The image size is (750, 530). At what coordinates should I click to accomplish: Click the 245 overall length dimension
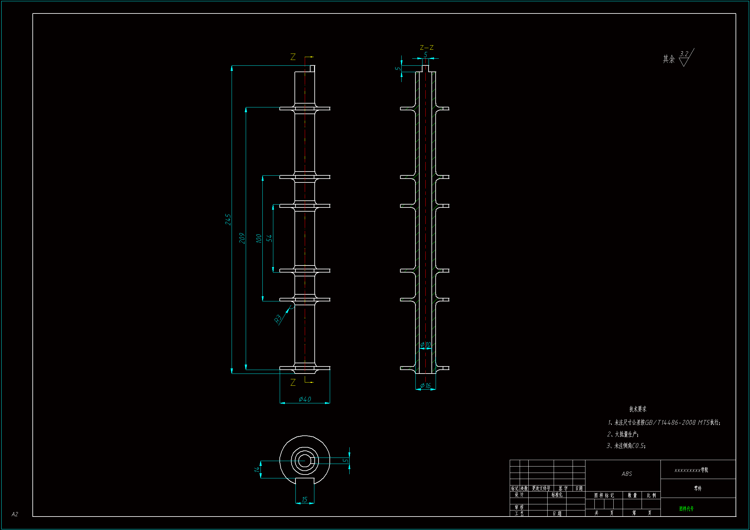(x=228, y=219)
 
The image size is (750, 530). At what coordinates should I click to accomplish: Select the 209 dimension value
(x=242, y=238)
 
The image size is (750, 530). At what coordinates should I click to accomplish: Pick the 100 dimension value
(x=259, y=238)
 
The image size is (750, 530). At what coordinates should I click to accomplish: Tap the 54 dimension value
(x=269, y=238)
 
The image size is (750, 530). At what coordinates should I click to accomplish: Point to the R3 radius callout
(x=278, y=318)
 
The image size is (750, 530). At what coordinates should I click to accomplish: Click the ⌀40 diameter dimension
(x=305, y=399)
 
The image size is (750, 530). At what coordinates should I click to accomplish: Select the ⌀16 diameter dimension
(x=425, y=386)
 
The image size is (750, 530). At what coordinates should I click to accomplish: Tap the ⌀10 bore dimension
(x=425, y=345)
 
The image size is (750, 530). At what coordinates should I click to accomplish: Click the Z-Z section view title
(x=427, y=48)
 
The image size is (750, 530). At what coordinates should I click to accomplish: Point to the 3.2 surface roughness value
(x=684, y=54)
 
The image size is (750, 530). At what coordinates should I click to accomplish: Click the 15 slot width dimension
(x=304, y=500)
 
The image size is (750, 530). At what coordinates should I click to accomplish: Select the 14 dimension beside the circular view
(x=257, y=469)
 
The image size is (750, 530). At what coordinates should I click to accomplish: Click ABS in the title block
(x=626, y=474)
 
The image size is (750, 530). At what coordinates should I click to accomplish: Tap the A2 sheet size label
(x=15, y=514)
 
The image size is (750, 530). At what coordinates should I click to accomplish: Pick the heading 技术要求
(x=638, y=409)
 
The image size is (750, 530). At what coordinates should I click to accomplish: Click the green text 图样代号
(x=686, y=509)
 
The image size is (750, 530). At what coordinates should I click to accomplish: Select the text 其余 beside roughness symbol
(x=669, y=59)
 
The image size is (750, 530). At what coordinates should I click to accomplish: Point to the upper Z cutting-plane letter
(x=293, y=57)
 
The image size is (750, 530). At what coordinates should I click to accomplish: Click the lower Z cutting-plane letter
(x=293, y=383)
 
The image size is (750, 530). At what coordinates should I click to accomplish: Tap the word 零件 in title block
(x=698, y=489)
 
